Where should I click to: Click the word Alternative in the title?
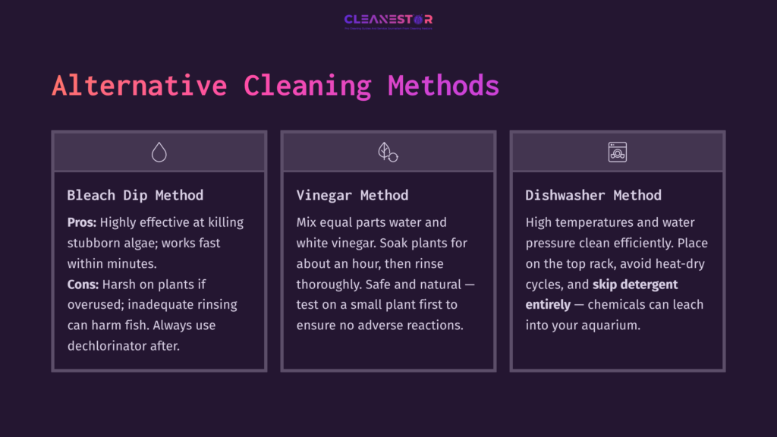point(139,85)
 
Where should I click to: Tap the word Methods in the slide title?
point(443,85)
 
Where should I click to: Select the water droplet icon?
point(159,152)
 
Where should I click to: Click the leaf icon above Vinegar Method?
point(388,152)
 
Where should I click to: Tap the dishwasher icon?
point(617,152)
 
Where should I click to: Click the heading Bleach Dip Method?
point(135,195)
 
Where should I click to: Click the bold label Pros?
point(82,222)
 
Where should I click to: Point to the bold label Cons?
point(83,284)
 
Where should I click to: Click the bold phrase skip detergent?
point(635,284)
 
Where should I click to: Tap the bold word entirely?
point(548,304)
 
